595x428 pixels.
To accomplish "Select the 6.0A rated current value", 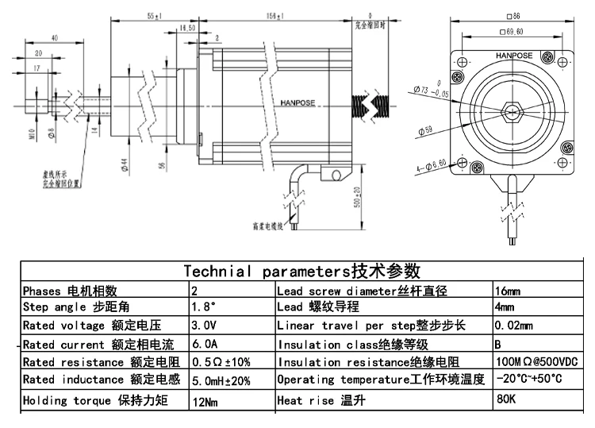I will pyautogui.click(x=205, y=345).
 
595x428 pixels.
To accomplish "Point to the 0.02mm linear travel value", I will pyautogui.click(x=513, y=326).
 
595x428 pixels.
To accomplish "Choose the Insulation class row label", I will pyautogui.click(x=353, y=345).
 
